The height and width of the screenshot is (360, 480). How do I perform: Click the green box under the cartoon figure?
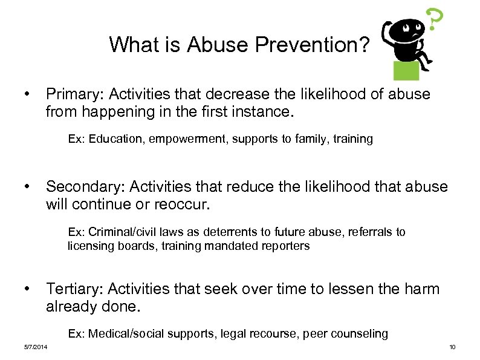[406, 70]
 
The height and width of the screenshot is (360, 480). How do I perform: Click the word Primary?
[69, 94]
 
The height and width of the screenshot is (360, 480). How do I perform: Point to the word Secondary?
[81, 187]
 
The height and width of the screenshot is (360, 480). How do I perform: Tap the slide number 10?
[452, 347]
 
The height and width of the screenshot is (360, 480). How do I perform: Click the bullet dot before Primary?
[27, 94]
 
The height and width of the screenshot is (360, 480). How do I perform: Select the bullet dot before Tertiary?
[27, 289]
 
